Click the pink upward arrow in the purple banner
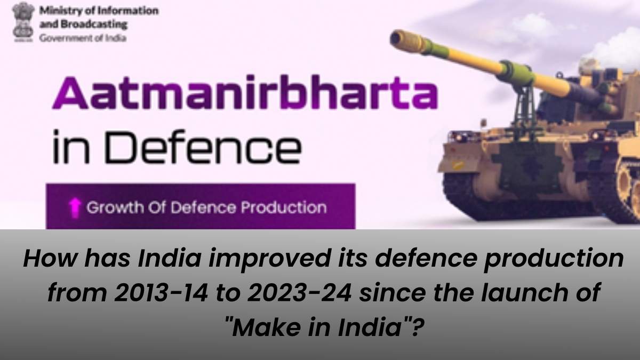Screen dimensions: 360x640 [x=75, y=207]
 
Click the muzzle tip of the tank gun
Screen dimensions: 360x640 [x=397, y=38]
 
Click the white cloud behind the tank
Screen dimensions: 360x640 [x=619, y=48]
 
